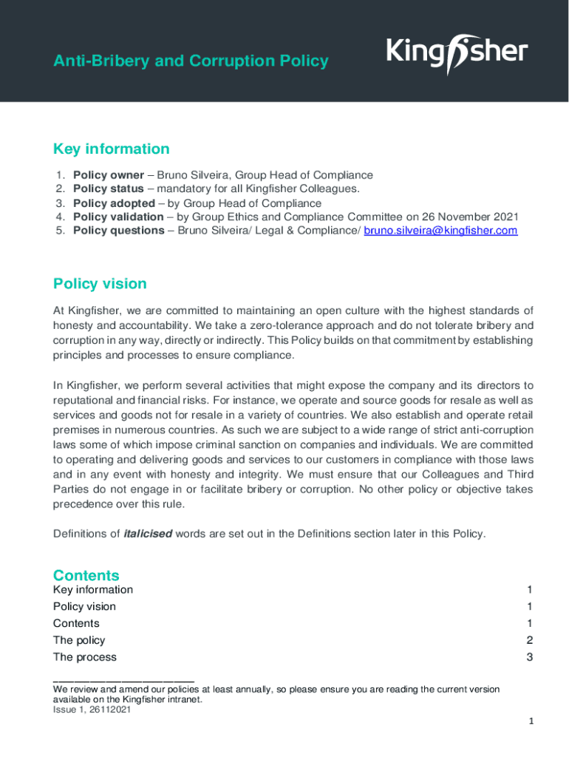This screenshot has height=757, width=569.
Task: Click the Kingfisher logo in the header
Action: click(457, 53)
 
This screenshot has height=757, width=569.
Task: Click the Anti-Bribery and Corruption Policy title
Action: click(191, 61)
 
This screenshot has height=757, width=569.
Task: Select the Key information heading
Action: click(111, 149)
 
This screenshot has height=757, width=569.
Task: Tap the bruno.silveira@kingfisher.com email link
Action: click(441, 231)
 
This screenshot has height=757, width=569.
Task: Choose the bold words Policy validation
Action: click(118, 217)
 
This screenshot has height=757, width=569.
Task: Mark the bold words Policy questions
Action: click(118, 231)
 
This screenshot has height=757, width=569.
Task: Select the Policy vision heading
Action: click(100, 284)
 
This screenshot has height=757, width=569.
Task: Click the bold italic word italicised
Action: click(148, 534)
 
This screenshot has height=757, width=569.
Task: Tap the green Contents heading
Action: click(86, 575)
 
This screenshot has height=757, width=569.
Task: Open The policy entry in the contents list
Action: click(79, 640)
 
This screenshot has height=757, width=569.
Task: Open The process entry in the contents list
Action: click(84, 657)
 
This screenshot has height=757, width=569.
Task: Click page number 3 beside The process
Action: click(529, 657)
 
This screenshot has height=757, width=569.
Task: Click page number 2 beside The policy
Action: click(529, 640)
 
